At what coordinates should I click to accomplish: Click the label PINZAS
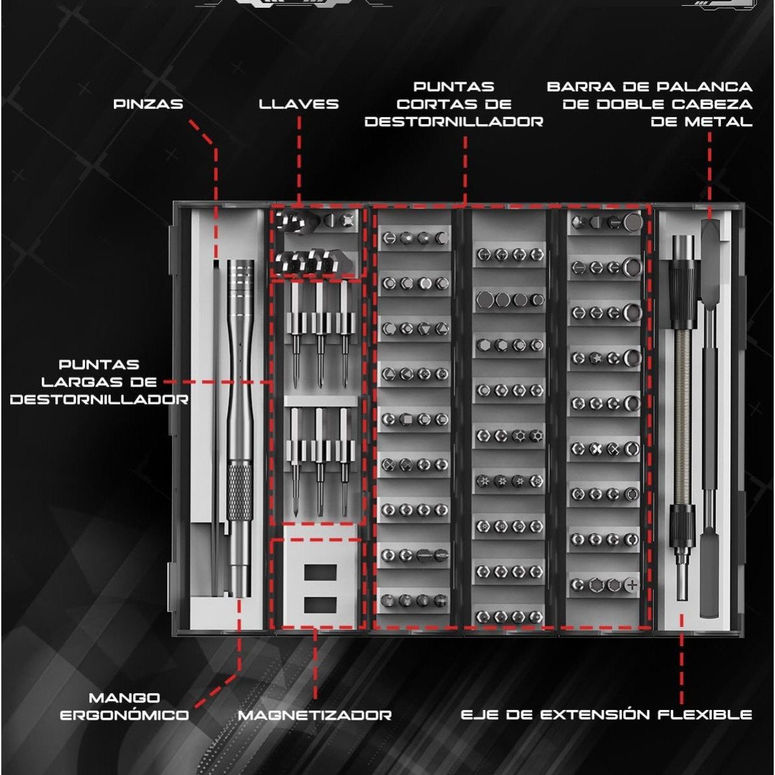coord(148,104)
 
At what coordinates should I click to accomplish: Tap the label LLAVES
coord(298,104)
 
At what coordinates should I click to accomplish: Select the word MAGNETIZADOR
coord(315,715)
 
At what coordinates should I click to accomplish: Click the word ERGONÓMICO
coord(124,715)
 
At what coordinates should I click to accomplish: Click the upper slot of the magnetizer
coord(320,572)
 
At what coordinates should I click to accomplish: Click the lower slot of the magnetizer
coord(320,605)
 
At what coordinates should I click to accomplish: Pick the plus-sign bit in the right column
coord(632,585)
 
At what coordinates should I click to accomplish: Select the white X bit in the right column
coord(596,448)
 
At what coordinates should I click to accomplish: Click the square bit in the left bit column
coord(406,419)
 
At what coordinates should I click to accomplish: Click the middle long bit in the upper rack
coord(320,334)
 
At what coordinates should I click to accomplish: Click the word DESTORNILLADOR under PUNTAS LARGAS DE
coord(99,399)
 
